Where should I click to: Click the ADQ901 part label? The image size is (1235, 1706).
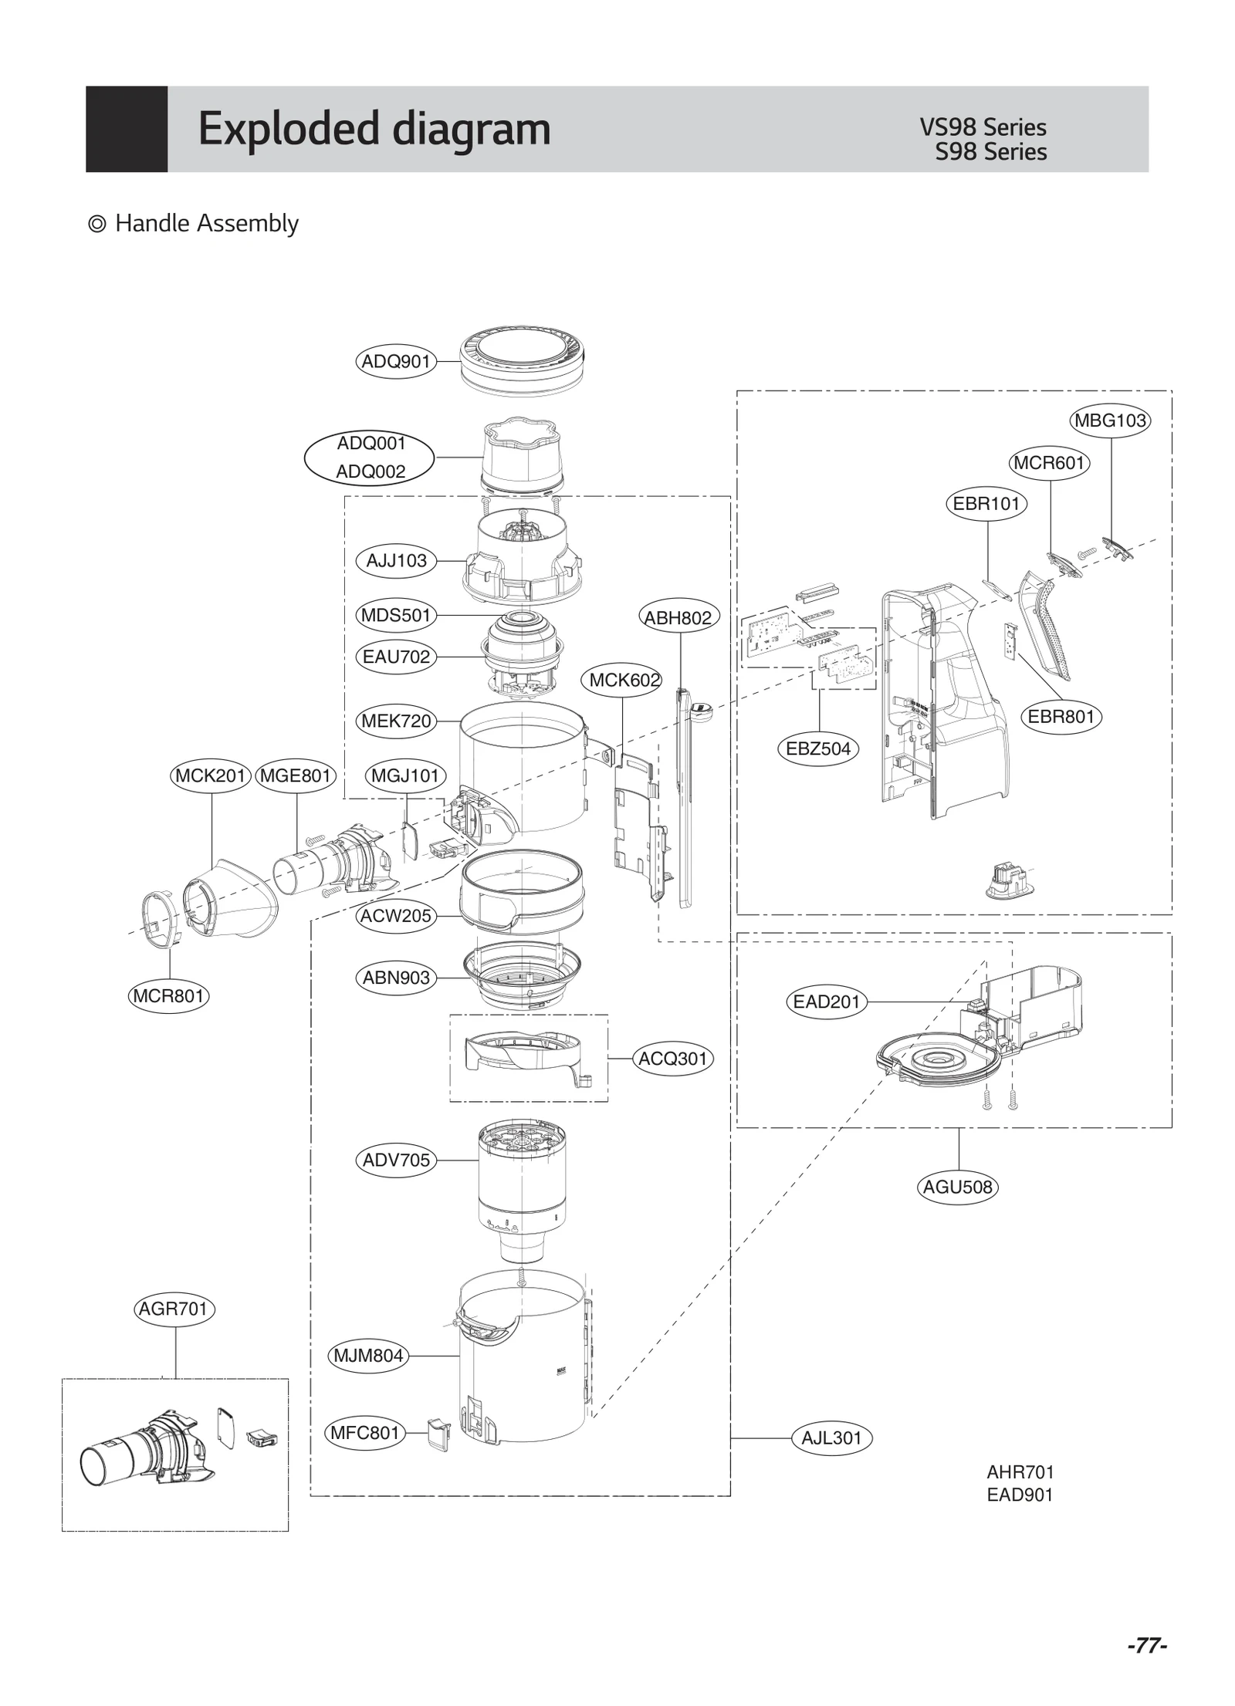(x=395, y=361)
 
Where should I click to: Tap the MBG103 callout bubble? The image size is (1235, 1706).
(x=1110, y=421)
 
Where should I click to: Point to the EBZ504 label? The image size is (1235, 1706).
(x=817, y=748)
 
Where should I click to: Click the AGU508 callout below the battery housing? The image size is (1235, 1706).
(x=958, y=1187)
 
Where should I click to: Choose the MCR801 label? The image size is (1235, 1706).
(x=168, y=996)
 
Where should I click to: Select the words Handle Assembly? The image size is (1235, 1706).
(x=206, y=224)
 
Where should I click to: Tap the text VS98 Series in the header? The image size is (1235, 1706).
(x=983, y=127)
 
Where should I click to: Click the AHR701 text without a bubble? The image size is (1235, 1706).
(x=1020, y=1472)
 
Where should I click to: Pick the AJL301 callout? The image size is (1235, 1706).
(x=831, y=1438)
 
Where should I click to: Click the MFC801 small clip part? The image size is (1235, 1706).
(x=438, y=1434)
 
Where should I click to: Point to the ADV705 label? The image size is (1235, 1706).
(x=396, y=1160)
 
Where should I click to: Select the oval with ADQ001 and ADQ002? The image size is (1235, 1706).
(x=370, y=457)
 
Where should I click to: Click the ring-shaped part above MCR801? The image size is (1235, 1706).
(x=163, y=917)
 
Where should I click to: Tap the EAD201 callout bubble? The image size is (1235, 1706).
(x=826, y=1002)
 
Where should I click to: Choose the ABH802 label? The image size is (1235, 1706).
(x=678, y=617)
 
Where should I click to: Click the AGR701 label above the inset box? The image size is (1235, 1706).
(x=174, y=1309)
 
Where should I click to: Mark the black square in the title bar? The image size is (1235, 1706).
(x=127, y=129)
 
